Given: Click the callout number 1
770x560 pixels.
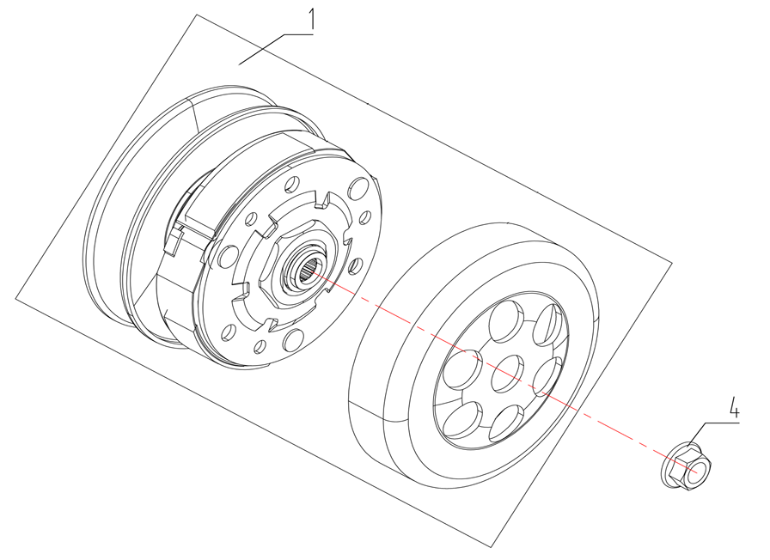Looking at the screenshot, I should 311,18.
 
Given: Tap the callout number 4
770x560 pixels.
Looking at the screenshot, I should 734,407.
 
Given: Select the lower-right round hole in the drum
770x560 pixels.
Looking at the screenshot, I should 513,422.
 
